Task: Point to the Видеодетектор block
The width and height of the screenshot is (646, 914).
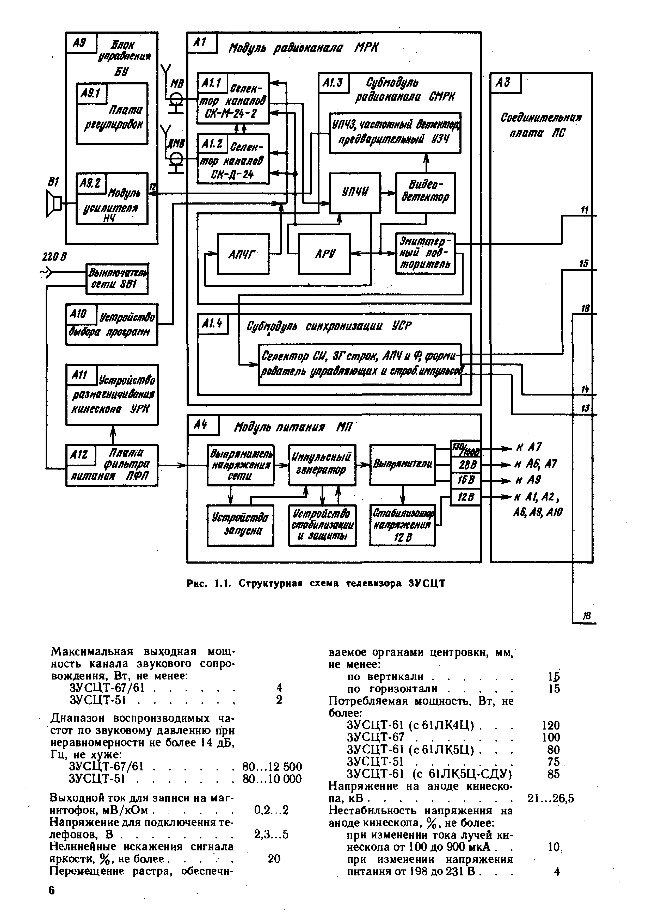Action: [425, 193]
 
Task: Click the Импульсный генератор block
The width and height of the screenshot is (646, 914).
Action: [322, 465]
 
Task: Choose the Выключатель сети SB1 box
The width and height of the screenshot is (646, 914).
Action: [117, 279]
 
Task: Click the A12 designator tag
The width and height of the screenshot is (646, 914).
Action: [81, 454]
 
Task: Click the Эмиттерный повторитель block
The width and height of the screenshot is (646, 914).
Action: [425, 253]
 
